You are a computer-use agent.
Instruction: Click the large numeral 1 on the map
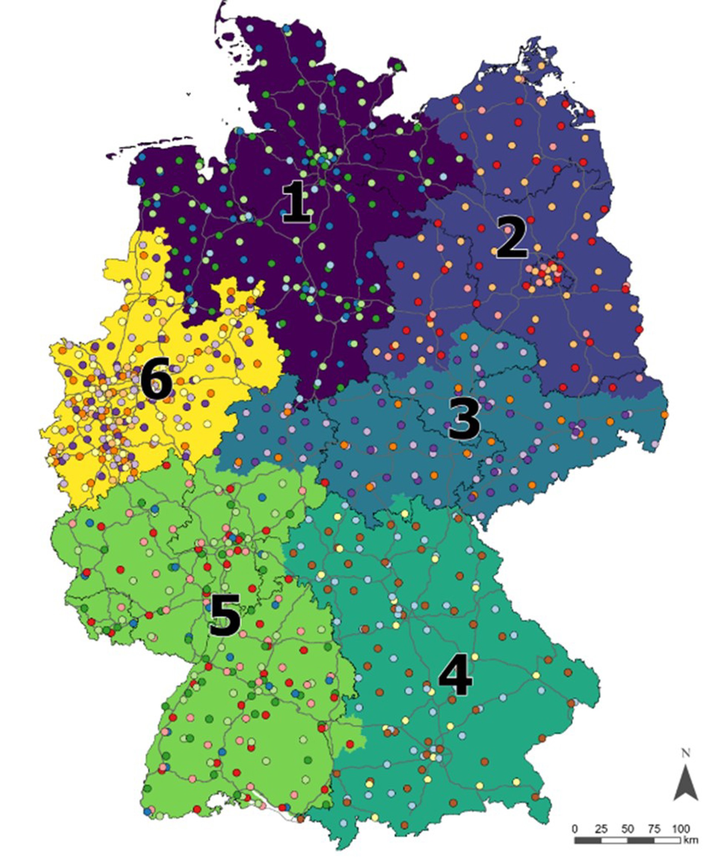(297, 203)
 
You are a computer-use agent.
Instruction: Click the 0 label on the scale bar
(575, 829)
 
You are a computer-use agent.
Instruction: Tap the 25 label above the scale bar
(601, 829)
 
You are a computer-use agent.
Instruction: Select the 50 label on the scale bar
(628, 829)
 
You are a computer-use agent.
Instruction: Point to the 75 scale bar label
(654, 829)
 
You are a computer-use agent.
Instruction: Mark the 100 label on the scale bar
(680, 829)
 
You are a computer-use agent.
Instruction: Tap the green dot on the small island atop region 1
(398, 66)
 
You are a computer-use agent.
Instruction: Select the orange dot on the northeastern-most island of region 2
(542, 65)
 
